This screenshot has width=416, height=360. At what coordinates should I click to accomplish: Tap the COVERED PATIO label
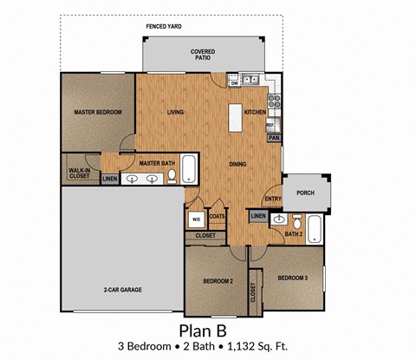[203, 55]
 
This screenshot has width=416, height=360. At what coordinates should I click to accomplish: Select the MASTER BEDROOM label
[97, 113]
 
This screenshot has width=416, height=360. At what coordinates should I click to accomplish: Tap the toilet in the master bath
[171, 177]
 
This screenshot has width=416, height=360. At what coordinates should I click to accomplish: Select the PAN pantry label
[273, 138]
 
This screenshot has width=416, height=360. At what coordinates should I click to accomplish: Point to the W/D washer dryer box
[196, 219]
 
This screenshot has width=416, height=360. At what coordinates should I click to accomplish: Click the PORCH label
[305, 193]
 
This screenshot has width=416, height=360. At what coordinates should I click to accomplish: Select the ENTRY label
[272, 200]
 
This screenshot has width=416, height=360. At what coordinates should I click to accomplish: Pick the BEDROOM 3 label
[292, 278]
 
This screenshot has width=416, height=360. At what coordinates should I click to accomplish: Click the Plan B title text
[202, 330]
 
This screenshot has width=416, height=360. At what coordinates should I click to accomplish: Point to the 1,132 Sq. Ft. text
[256, 347]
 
